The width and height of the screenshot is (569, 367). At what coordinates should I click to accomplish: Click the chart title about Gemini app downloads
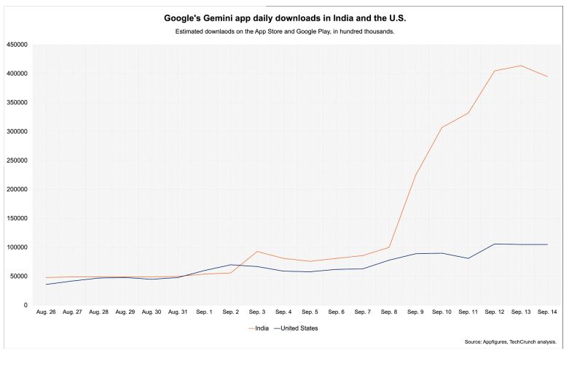[x=285, y=18]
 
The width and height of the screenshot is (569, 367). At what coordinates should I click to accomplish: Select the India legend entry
[x=259, y=328]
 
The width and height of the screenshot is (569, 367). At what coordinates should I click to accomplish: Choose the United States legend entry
[x=295, y=328]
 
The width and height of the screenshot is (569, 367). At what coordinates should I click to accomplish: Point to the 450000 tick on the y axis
[x=17, y=45]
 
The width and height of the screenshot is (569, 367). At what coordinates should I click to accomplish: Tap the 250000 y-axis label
[x=17, y=161]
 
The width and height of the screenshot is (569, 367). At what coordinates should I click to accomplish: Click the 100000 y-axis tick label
[x=17, y=247]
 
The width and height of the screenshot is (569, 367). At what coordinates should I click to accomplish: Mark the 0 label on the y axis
[x=25, y=305]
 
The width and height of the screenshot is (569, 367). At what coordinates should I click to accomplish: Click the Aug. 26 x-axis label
[x=46, y=312]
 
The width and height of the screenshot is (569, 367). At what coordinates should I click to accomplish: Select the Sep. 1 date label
[x=204, y=312]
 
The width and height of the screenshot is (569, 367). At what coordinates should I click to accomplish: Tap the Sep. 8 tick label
[x=389, y=312]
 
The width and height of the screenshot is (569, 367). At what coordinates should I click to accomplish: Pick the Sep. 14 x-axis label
[x=547, y=312]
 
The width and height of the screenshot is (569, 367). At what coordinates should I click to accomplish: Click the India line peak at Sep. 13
[x=521, y=66]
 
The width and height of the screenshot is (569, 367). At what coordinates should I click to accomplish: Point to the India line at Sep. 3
[x=257, y=252]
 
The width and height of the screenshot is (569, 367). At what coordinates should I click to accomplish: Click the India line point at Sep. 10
[x=442, y=128]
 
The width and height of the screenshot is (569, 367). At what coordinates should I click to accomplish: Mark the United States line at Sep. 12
[x=495, y=244]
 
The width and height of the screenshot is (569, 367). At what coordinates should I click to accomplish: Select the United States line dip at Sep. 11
[x=468, y=258]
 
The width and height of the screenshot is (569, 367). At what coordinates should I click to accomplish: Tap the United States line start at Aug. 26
[x=46, y=284]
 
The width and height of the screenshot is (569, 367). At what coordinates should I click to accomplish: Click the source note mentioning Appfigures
[x=511, y=342]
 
